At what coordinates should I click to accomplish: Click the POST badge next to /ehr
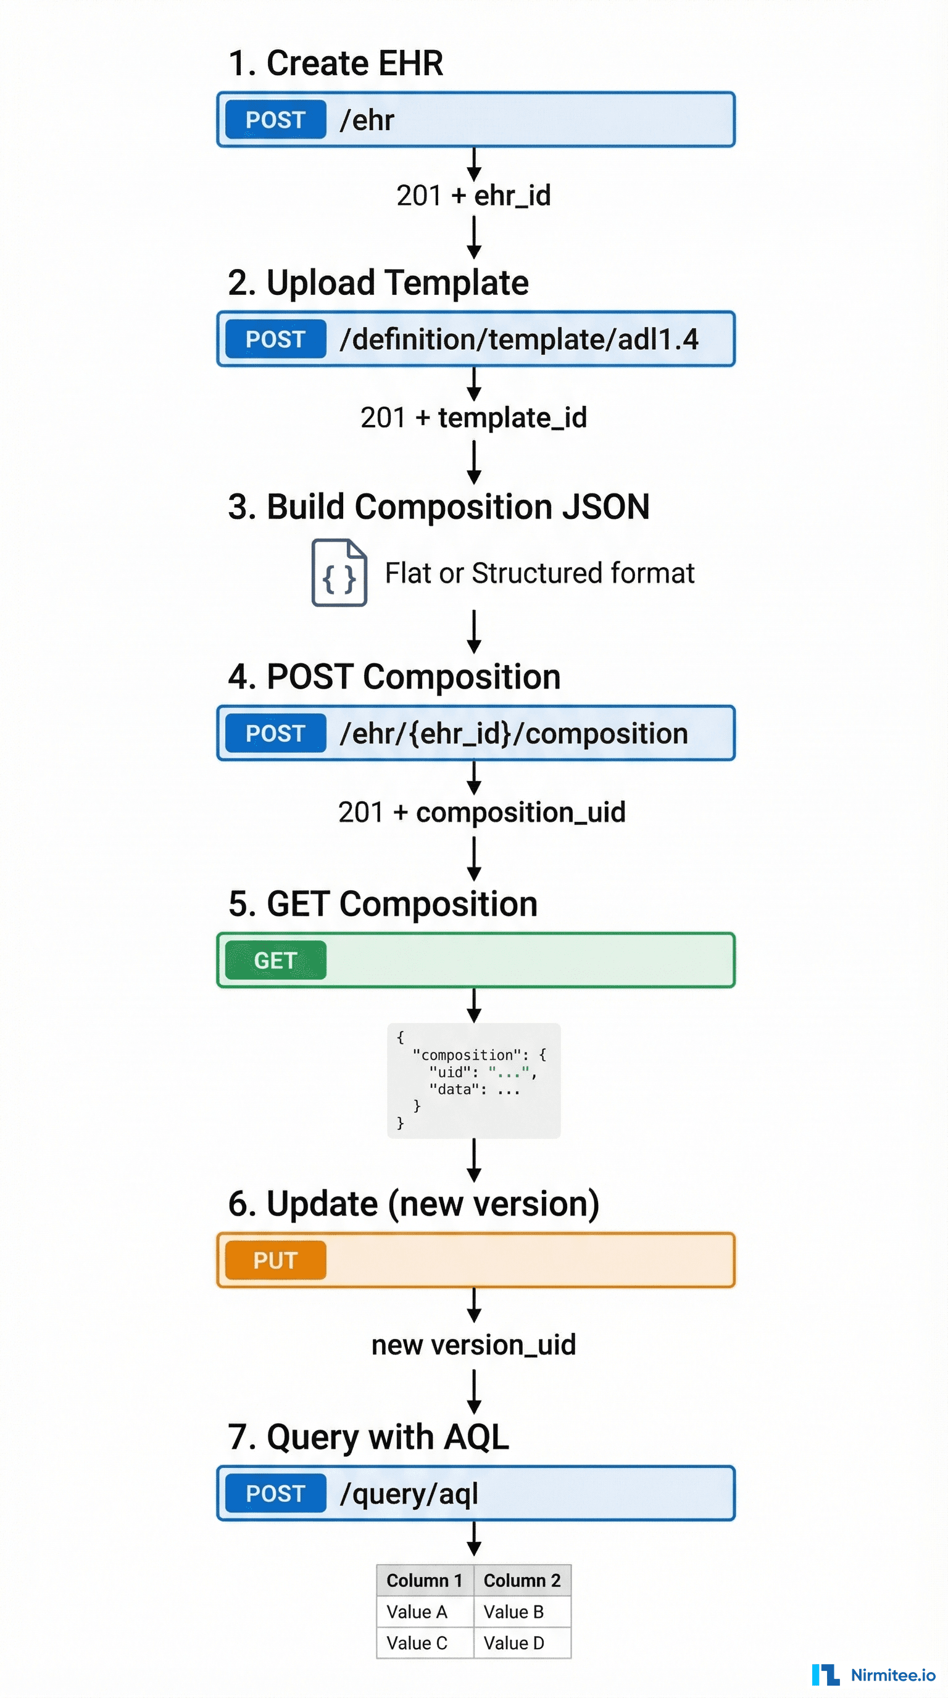tap(275, 119)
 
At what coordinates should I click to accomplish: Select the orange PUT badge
tap(275, 1260)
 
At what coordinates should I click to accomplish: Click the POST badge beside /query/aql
tap(275, 1493)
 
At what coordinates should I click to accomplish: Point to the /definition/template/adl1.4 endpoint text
tap(518, 339)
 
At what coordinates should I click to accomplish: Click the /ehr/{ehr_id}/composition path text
tap(513, 733)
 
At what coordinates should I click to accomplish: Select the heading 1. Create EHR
tap(335, 64)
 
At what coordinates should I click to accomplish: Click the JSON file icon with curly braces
tap(339, 572)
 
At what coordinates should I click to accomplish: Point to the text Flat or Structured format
tap(539, 573)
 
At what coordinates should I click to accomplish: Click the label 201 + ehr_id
tap(473, 195)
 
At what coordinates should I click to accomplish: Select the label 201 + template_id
tap(473, 417)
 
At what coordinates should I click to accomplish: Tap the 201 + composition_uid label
tap(481, 811)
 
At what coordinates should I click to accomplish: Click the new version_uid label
tap(473, 1344)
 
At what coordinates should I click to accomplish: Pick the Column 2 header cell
tap(522, 1580)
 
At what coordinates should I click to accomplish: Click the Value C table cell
tap(417, 1642)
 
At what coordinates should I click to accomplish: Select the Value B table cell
tap(514, 1611)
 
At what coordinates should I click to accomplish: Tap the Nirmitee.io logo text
tap(892, 1675)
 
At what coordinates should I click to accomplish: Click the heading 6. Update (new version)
tap(414, 1204)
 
